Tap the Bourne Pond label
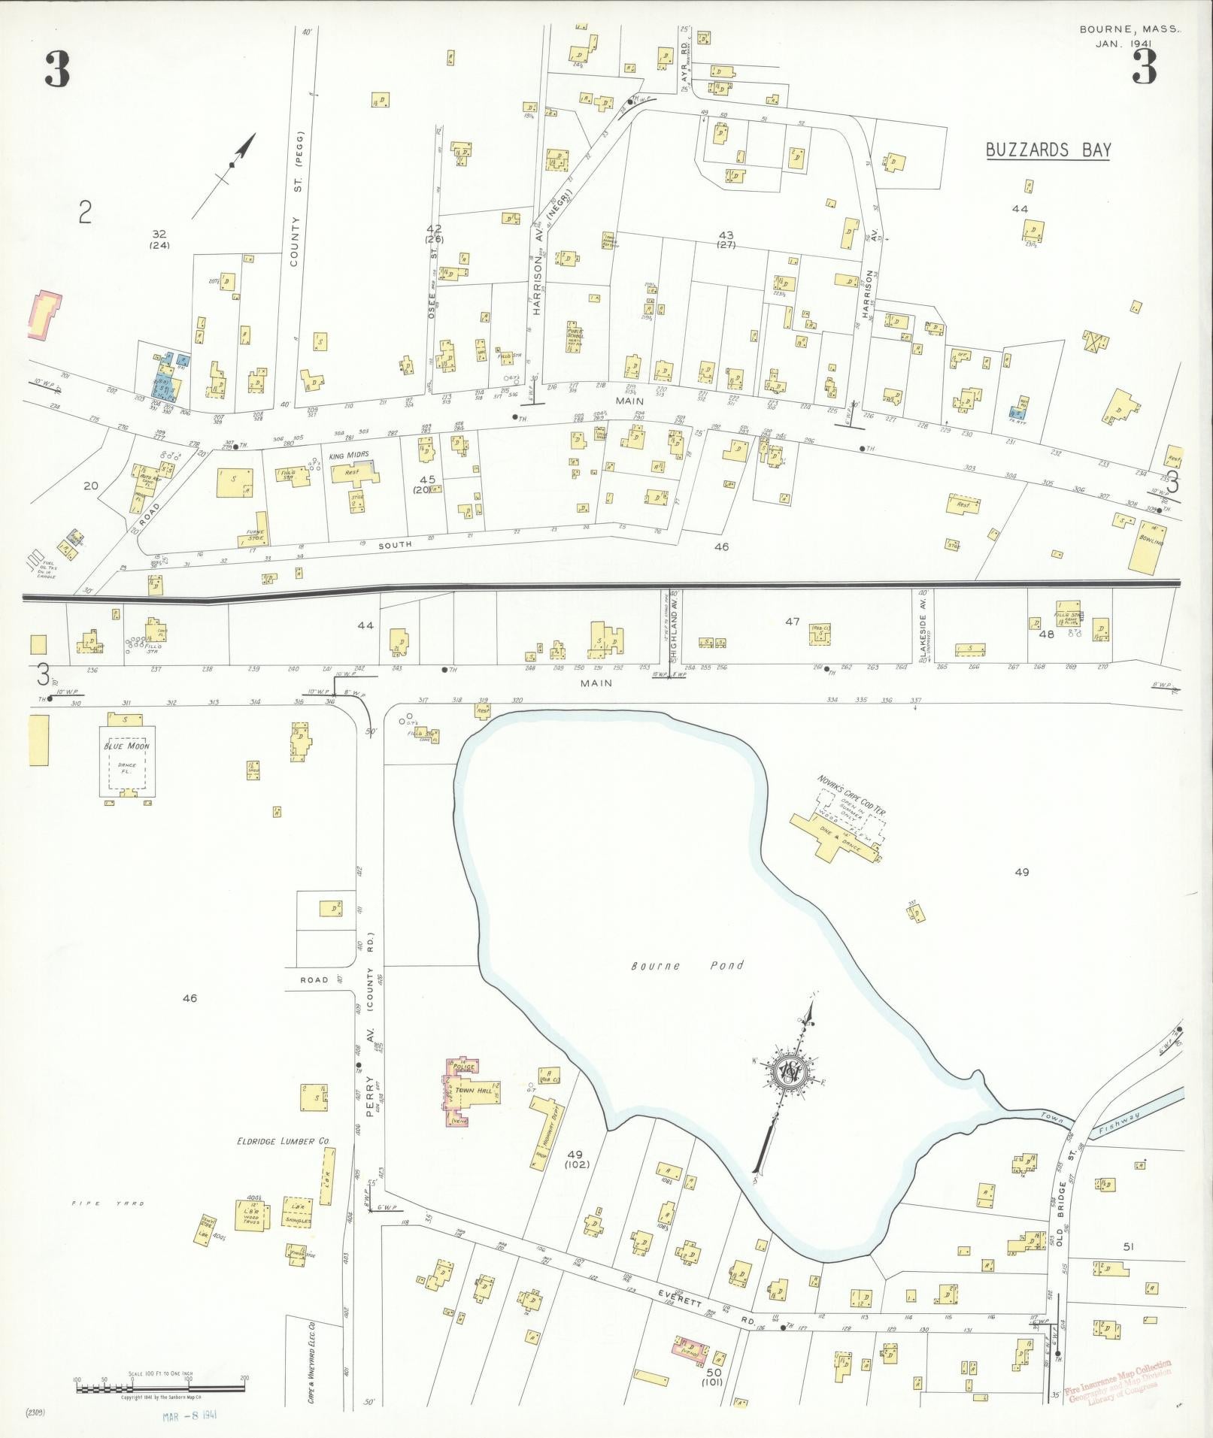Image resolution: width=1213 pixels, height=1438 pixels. [x=687, y=965]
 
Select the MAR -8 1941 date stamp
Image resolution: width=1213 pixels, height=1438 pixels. [x=190, y=1415]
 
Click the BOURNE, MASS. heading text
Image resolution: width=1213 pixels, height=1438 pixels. [x=1130, y=30]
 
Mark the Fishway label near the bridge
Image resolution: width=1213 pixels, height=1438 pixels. [x=1119, y=1124]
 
